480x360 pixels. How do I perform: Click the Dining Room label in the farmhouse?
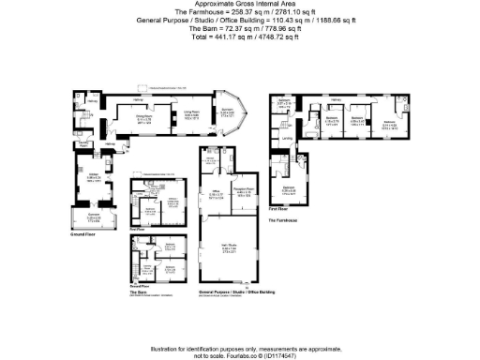(143, 116)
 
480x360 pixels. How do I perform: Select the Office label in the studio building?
(215, 179)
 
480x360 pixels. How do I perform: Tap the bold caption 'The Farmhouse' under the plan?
(283, 220)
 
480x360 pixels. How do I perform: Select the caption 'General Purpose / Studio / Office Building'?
(232, 292)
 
